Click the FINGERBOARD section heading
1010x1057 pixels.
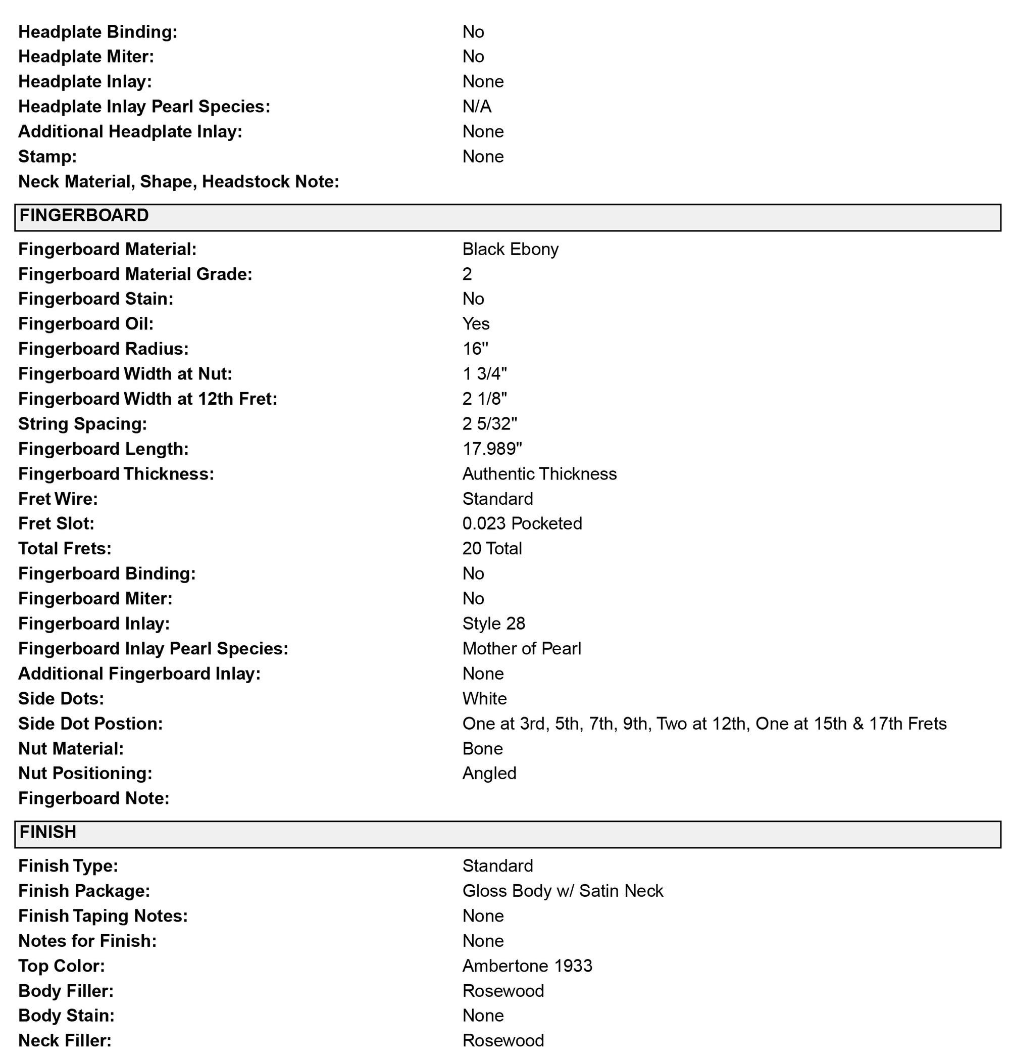84,216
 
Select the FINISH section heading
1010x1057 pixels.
48,832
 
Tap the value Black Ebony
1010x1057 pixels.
510,249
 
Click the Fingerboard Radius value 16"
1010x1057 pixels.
475,349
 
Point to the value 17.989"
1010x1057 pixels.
492,449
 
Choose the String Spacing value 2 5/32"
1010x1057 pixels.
489,424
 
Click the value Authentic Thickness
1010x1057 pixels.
539,473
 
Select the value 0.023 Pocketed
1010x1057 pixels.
522,523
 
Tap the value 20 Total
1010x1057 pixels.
491,548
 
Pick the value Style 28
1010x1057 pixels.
493,623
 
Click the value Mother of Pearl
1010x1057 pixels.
521,648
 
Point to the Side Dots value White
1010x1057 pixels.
484,698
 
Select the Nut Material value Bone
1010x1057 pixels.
482,748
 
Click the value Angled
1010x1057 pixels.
489,773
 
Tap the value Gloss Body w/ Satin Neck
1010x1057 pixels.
562,891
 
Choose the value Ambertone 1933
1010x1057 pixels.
527,966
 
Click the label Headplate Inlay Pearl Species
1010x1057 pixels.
144,107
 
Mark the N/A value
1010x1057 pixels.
476,107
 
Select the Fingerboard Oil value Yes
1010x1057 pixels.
475,324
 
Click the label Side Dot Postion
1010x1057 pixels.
90,724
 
